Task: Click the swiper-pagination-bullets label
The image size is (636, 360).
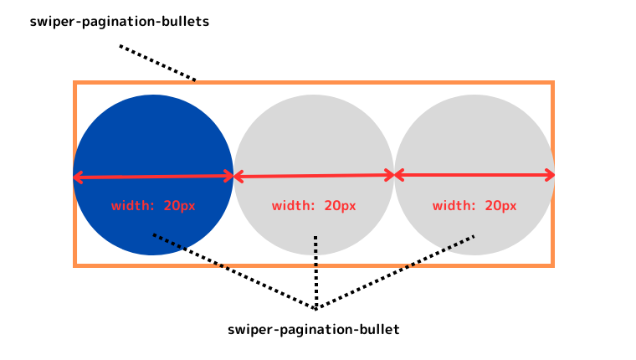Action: pos(119,22)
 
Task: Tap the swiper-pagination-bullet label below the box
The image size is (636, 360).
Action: pos(314,330)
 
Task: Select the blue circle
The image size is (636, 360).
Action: pos(153,134)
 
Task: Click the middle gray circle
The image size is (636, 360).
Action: pos(314,134)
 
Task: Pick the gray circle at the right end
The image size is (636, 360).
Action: pos(474,134)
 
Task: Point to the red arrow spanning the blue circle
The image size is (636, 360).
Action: pos(153,177)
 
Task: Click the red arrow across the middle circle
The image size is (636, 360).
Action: pos(314,176)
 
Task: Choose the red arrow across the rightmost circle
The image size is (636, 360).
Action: pos(474,175)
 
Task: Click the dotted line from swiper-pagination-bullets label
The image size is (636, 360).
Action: pos(157,63)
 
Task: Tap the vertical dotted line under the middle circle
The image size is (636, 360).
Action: pos(315,268)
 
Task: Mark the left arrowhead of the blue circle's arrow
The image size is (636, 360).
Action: pos(77,177)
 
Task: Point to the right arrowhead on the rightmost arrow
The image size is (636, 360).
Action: pos(551,175)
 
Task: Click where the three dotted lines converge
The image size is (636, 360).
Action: pos(315,307)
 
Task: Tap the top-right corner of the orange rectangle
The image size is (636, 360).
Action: pos(551,84)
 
